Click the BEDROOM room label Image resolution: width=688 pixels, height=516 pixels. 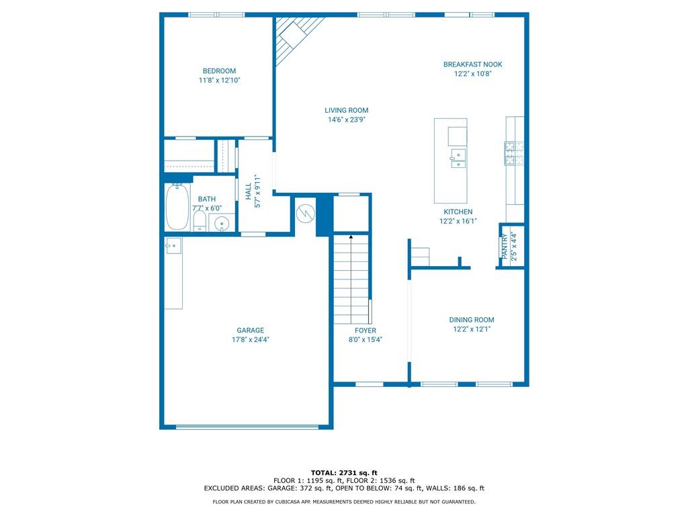tap(219, 71)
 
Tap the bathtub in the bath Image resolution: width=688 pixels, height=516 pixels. tap(177, 207)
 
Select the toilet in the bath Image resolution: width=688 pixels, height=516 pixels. tap(200, 221)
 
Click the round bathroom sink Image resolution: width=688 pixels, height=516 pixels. tap(222, 222)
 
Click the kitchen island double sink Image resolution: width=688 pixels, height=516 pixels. tap(458, 159)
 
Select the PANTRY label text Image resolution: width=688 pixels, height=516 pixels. tap(504, 246)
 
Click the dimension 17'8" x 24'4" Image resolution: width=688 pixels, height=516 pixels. tap(250, 340)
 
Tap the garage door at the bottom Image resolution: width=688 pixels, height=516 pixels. tap(247, 426)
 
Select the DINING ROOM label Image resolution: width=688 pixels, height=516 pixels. tap(472, 320)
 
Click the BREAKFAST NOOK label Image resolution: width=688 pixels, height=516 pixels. tap(472, 64)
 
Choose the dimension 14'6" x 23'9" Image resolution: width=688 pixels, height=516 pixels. tap(346, 120)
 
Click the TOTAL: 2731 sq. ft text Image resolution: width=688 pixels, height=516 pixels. tap(344, 472)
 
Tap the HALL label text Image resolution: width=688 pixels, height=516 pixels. tap(248, 191)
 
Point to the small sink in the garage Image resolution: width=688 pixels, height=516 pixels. tap(173, 246)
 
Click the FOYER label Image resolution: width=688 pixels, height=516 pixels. tap(365, 330)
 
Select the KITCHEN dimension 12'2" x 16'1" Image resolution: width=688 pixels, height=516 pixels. tap(458, 221)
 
